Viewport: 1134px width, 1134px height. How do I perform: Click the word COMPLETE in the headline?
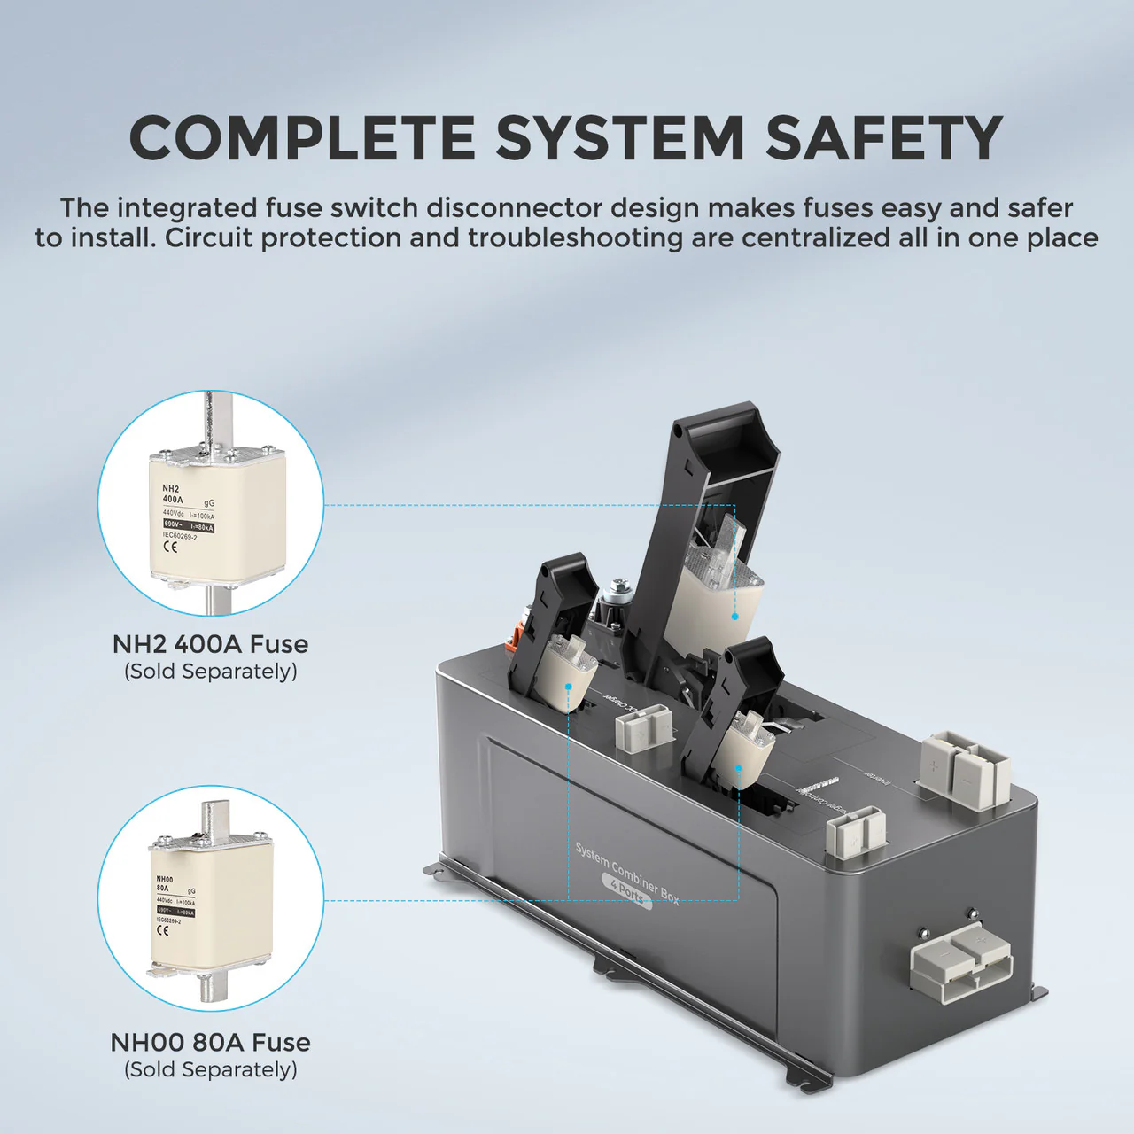302,139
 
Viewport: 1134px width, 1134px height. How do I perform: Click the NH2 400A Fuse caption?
210,644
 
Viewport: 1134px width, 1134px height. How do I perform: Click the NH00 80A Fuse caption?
210,1042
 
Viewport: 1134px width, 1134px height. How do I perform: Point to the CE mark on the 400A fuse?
170,547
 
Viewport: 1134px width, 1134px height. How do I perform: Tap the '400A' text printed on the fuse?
173,500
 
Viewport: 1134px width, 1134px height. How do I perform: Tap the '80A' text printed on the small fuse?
163,887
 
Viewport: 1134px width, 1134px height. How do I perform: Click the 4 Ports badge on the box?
627,891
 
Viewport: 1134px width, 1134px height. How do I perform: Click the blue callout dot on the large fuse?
734,616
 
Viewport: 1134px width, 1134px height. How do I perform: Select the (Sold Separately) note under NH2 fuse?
210,672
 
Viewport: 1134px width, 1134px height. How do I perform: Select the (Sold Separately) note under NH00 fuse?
210,1069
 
